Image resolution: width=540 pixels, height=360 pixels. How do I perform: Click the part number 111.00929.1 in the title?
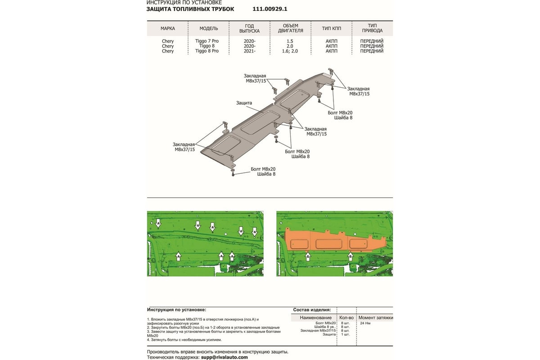pyautogui.click(x=270, y=9)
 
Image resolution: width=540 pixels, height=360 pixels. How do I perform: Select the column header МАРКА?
pyautogui.click(x=168, y=28)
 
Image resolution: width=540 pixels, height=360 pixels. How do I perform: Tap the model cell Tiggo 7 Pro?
pyautogui.click(x=207, y=41)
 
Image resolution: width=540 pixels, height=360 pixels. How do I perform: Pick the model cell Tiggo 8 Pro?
pyautogui.click(x=207, y=51)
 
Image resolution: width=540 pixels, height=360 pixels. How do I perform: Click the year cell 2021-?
pyautogui.click(x=249, y=51)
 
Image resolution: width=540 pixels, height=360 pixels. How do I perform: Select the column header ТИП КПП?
pyautogui.click(x=331, y=28)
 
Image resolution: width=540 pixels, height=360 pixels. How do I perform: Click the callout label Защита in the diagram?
pyautogui.click(x=244, y=103)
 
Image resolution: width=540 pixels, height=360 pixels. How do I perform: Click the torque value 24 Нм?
pyautogui.click(x=366, y=323)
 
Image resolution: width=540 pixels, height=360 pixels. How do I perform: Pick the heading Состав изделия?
pyautogui.click(x=312, y=310)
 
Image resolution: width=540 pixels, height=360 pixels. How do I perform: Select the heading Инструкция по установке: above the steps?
pyautogui.click(x=176, y=310)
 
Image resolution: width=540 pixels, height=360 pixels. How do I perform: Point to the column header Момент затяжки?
pyautogui.click(x=375, y=318)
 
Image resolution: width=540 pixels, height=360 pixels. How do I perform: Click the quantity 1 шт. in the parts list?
pyautogui.click(x=346, y=334)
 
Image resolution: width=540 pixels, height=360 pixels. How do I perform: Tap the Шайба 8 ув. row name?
pyautogui.click(x=326, y=327)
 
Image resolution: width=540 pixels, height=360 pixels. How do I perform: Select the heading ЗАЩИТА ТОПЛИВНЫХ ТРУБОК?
pyautogui.click(x=190, y=9)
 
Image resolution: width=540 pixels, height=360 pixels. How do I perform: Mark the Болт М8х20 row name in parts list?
pyautogui.click(x=326, y=323)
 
